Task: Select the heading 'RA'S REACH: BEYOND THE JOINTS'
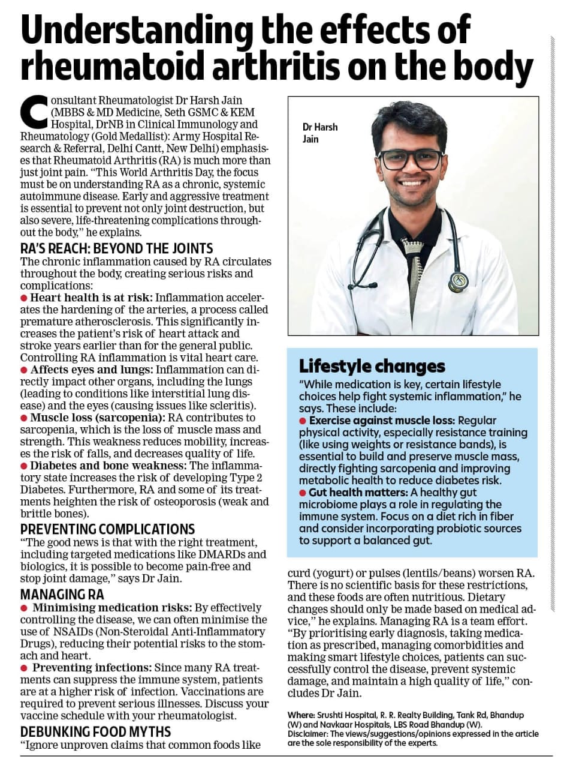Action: [117, 248]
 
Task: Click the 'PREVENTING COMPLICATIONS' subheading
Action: [108, 529]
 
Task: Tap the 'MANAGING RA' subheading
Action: [62, 595]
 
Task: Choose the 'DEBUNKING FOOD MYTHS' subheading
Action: [96, 731]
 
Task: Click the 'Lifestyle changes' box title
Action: [372, 366]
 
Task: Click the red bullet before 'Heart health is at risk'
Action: [24, 298]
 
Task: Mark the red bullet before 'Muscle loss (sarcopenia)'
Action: [24, 417]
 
